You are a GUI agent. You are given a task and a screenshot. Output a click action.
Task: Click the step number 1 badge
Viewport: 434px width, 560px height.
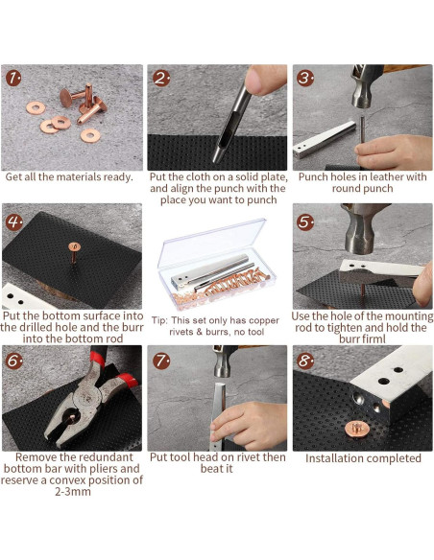pos(13,78)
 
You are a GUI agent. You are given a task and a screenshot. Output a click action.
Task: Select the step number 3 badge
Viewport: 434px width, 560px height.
pos(305,78)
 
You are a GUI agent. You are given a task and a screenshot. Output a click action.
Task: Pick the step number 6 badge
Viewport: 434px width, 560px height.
pos(13,361)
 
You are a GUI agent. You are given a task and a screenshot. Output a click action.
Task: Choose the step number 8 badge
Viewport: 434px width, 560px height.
pos(305,361)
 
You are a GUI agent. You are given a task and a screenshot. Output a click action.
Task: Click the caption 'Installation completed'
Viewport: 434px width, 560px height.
pos(363,458)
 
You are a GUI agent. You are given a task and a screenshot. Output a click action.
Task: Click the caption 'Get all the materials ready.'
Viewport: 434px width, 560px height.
pos(69,177)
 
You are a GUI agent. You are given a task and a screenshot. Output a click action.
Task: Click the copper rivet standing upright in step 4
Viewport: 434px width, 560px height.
pos(72,252)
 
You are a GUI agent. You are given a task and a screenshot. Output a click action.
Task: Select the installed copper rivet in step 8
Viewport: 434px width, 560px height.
pos(351,425)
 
